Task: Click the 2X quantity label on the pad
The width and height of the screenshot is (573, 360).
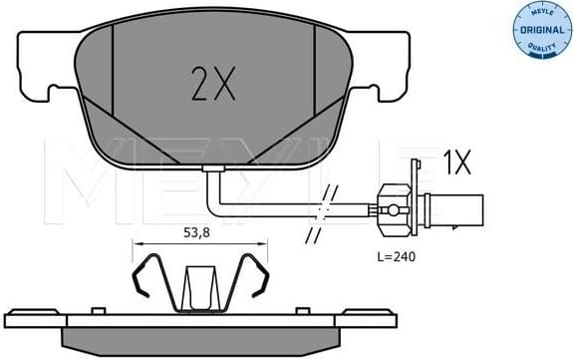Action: pos(211,86)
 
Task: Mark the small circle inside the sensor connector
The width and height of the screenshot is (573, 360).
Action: pos(394,210)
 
